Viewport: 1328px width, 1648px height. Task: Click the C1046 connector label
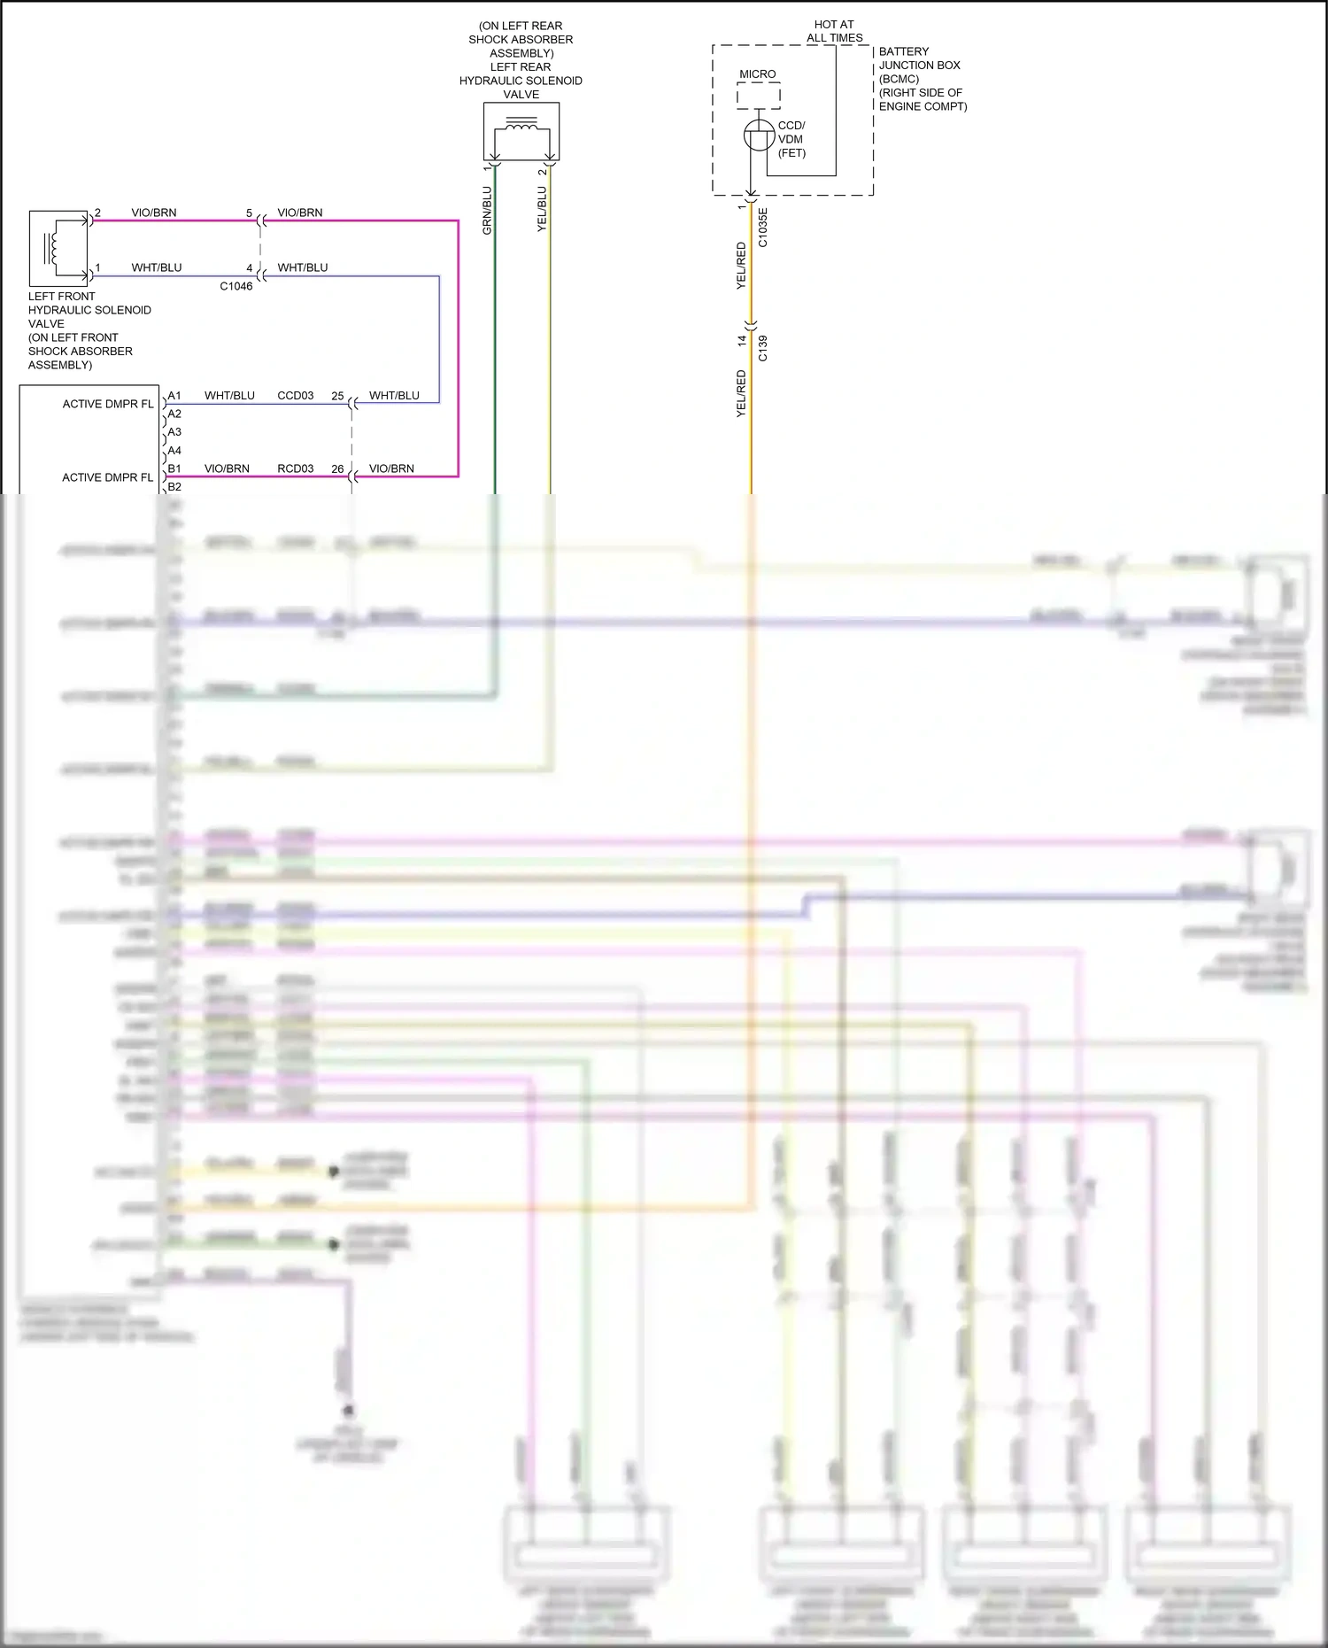[x=236, y=286]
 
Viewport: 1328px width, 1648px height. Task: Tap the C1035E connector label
[x=763, y=228]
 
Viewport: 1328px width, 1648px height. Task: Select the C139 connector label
[x=763, y=349]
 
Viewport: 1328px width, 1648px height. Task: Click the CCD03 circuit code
[x=296, y=396]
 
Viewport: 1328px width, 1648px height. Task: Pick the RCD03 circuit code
[x=296, y=468]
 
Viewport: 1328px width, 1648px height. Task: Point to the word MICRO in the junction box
[x=758, y=74]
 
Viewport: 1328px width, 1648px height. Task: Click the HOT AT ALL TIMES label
[x=834, y=31]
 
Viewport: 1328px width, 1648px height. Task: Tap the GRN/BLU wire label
[x=487, y=211]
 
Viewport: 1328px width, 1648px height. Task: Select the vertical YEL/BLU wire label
[x=542, y=209]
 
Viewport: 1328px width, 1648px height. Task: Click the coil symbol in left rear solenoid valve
[x=521, y=130]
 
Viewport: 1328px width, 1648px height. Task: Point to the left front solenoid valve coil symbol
[x=53, y=244]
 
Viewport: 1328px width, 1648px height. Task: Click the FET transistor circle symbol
[x=759, y=135]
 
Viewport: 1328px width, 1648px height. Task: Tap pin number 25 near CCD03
[x=337, y=396]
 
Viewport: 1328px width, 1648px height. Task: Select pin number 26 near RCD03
[x=337, y=468]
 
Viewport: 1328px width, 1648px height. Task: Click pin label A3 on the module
[x=174, y=432]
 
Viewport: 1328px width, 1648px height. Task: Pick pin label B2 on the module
[x=174, y=487]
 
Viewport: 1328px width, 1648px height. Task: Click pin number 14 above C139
[x=743, y=340]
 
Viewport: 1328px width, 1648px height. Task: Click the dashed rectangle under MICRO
[x=759, y=96]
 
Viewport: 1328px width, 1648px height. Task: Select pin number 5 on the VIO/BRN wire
[x=249, y=213]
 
